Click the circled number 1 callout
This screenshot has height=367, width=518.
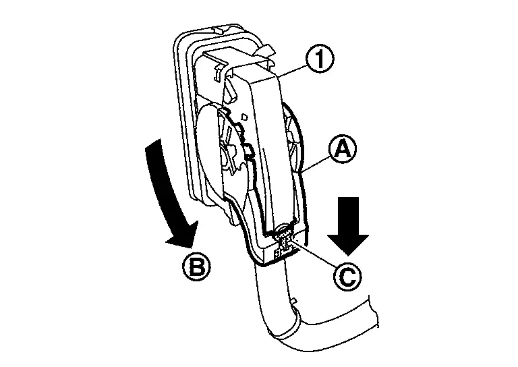coord(319,59)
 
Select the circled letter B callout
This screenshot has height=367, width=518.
coord(196,266)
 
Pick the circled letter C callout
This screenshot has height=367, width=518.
coord(347,277)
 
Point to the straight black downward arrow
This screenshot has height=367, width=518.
coord(348,226)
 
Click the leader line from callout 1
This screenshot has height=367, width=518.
coord(293,72)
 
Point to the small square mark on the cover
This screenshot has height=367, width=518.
coord(244,117)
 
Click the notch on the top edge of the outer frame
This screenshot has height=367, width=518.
coord(221,30)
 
